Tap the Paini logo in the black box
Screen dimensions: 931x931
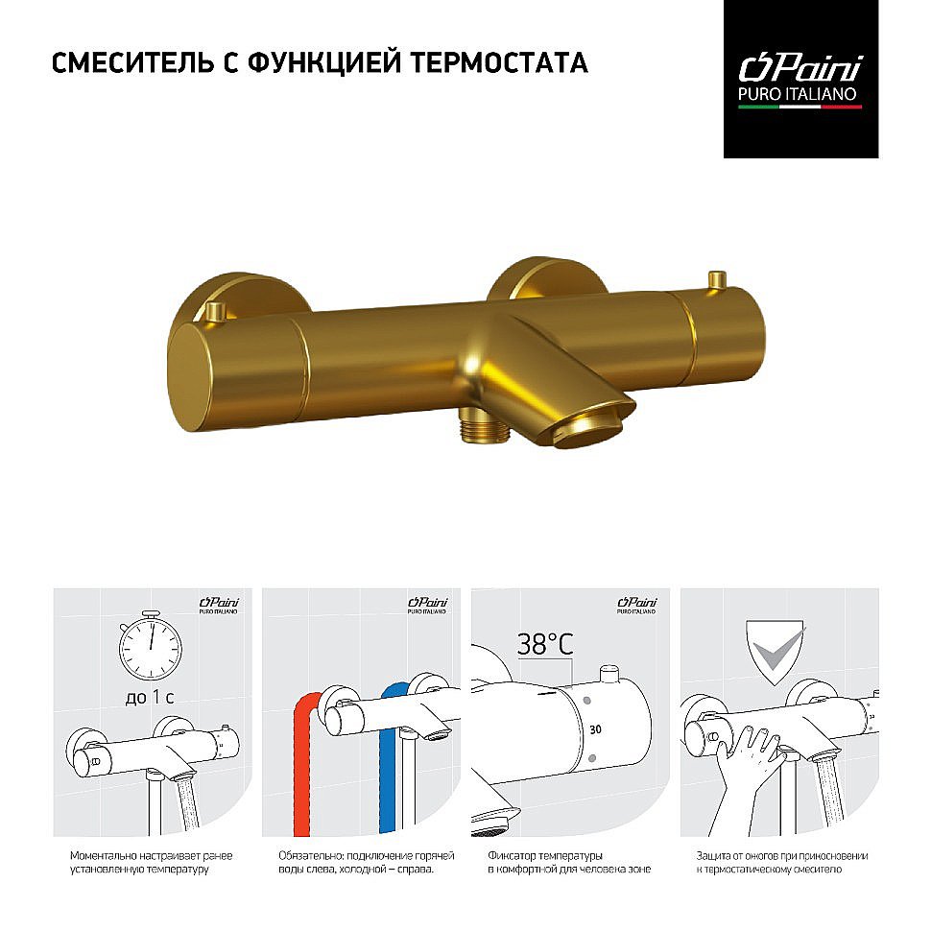coord(800,69)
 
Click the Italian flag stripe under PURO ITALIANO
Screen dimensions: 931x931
coord(800,107)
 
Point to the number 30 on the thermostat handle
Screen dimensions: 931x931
coord(596,729)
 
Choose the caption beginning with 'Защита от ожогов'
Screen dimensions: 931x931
coord(781,862)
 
